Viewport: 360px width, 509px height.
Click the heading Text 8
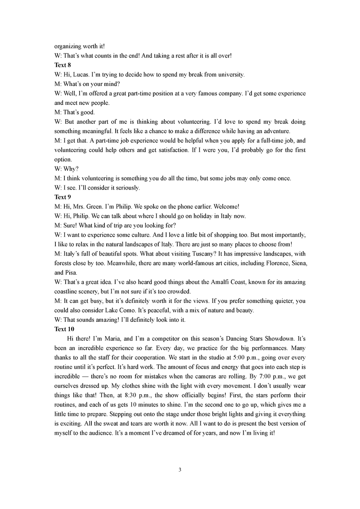tap(63, 65)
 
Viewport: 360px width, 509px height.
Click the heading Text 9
tap(63, 197)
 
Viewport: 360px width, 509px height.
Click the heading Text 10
tap(64, 329)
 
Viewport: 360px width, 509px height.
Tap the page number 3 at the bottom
tap(180, 470)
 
